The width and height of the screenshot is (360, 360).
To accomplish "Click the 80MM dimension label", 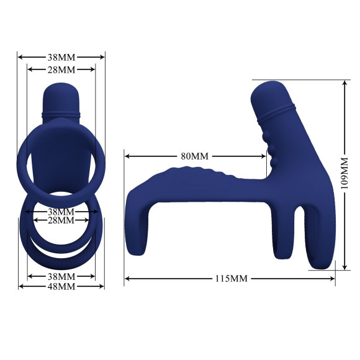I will click(194, 156).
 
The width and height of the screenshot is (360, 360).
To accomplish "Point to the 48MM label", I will click(61, 286).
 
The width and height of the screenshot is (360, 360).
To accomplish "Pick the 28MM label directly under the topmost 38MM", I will click(61, 69).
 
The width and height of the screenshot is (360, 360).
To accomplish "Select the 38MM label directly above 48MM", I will click(61, 276).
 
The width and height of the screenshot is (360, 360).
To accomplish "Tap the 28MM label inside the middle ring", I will click(61, 220).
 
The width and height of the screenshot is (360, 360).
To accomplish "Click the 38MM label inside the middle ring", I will click(61, 211).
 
